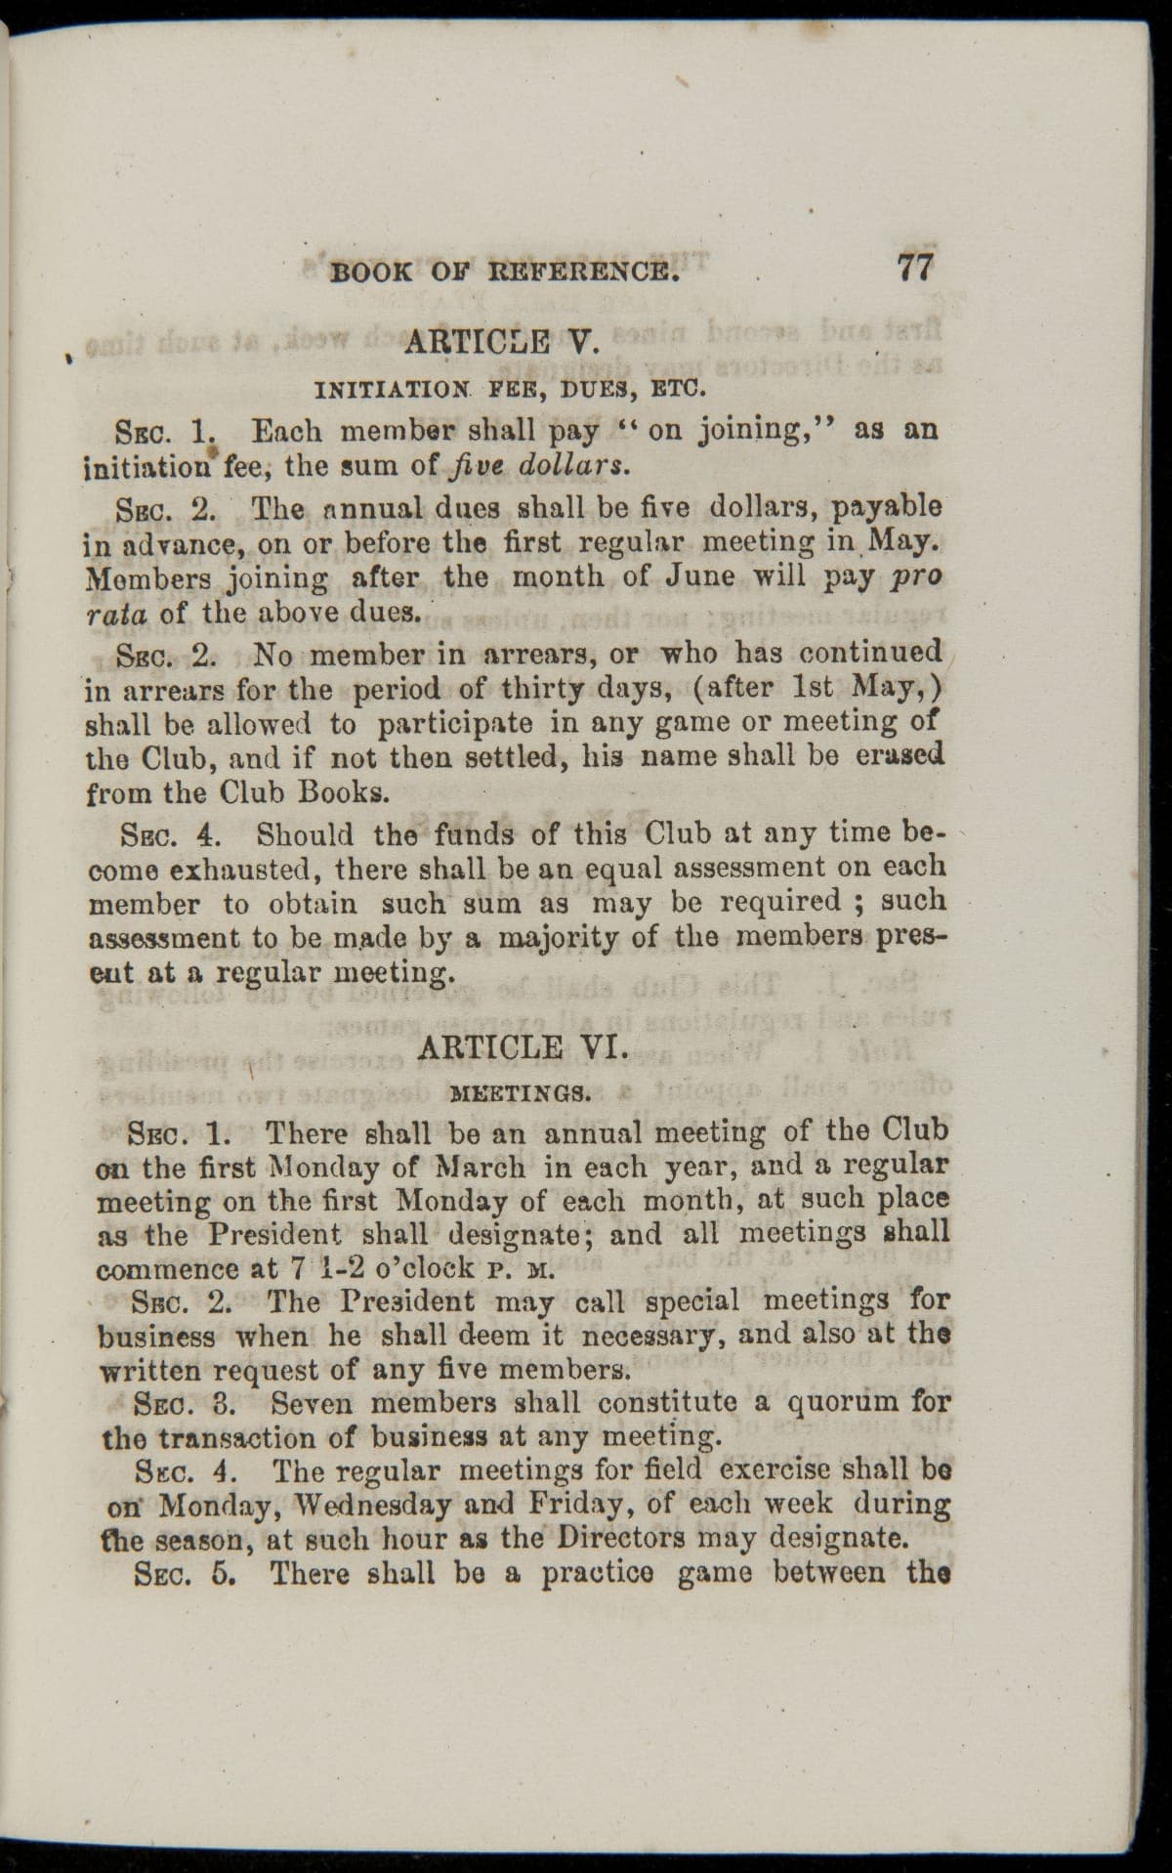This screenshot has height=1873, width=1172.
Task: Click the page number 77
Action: coord(913,267)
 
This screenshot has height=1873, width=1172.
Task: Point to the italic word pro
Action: coord(916,576)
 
